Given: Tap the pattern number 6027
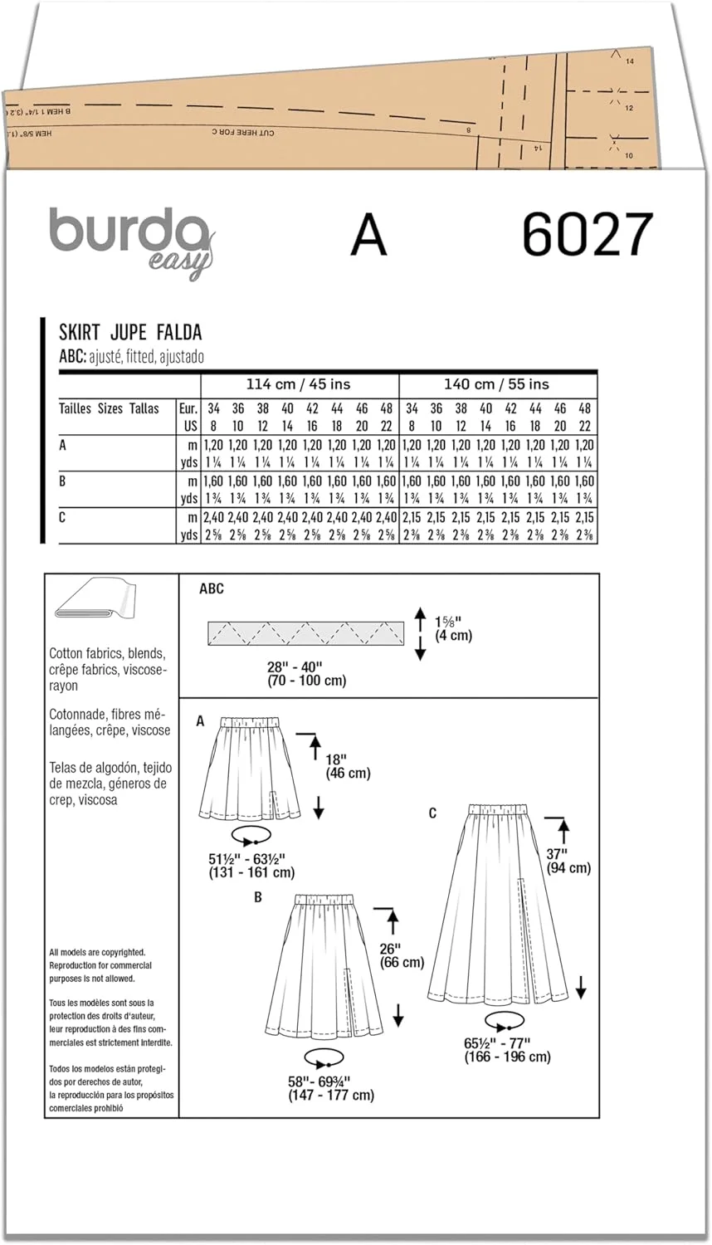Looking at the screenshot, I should point(588,234).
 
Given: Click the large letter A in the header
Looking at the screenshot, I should point(368,235).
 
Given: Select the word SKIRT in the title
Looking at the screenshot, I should point(80,333).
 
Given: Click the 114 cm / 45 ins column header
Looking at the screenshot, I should point(299,384).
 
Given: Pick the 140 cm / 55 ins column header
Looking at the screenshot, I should point(496,384).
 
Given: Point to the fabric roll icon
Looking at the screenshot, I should point(95,599).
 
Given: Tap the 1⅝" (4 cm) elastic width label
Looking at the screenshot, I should point(454,628).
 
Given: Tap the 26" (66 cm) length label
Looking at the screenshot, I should point(401,955).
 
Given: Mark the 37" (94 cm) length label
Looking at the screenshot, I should point(568,861).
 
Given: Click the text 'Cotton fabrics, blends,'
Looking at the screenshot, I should point(107,653).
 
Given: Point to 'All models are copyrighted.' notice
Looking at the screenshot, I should point(97,953).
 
